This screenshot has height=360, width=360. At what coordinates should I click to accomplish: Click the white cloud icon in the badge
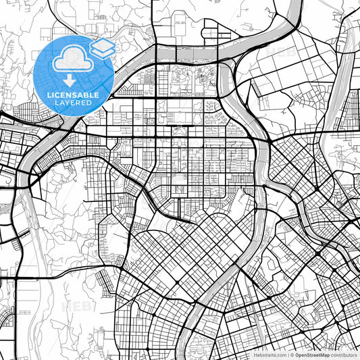pyautogui.click(x=74, y=59)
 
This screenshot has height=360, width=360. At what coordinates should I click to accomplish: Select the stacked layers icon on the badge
pyautogui.click(x=102, y=49)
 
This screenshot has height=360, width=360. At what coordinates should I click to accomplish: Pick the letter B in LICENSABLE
pyautogui.click(x=88, y=95)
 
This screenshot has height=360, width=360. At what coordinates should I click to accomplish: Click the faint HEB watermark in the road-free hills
pyautogui.click(x=76, y=307)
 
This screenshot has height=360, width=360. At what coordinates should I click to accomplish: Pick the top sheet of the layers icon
pyautogui.click(x=102, y=45)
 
